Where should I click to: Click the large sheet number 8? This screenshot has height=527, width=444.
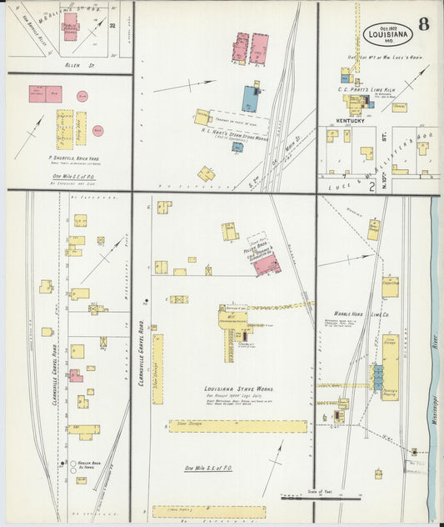tap(424, 23)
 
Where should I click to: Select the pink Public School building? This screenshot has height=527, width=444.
tap(69, 25)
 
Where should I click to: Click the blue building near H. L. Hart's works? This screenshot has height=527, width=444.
tap(251, 98)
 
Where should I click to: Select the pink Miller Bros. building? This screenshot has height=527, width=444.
tap(267, 264)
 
